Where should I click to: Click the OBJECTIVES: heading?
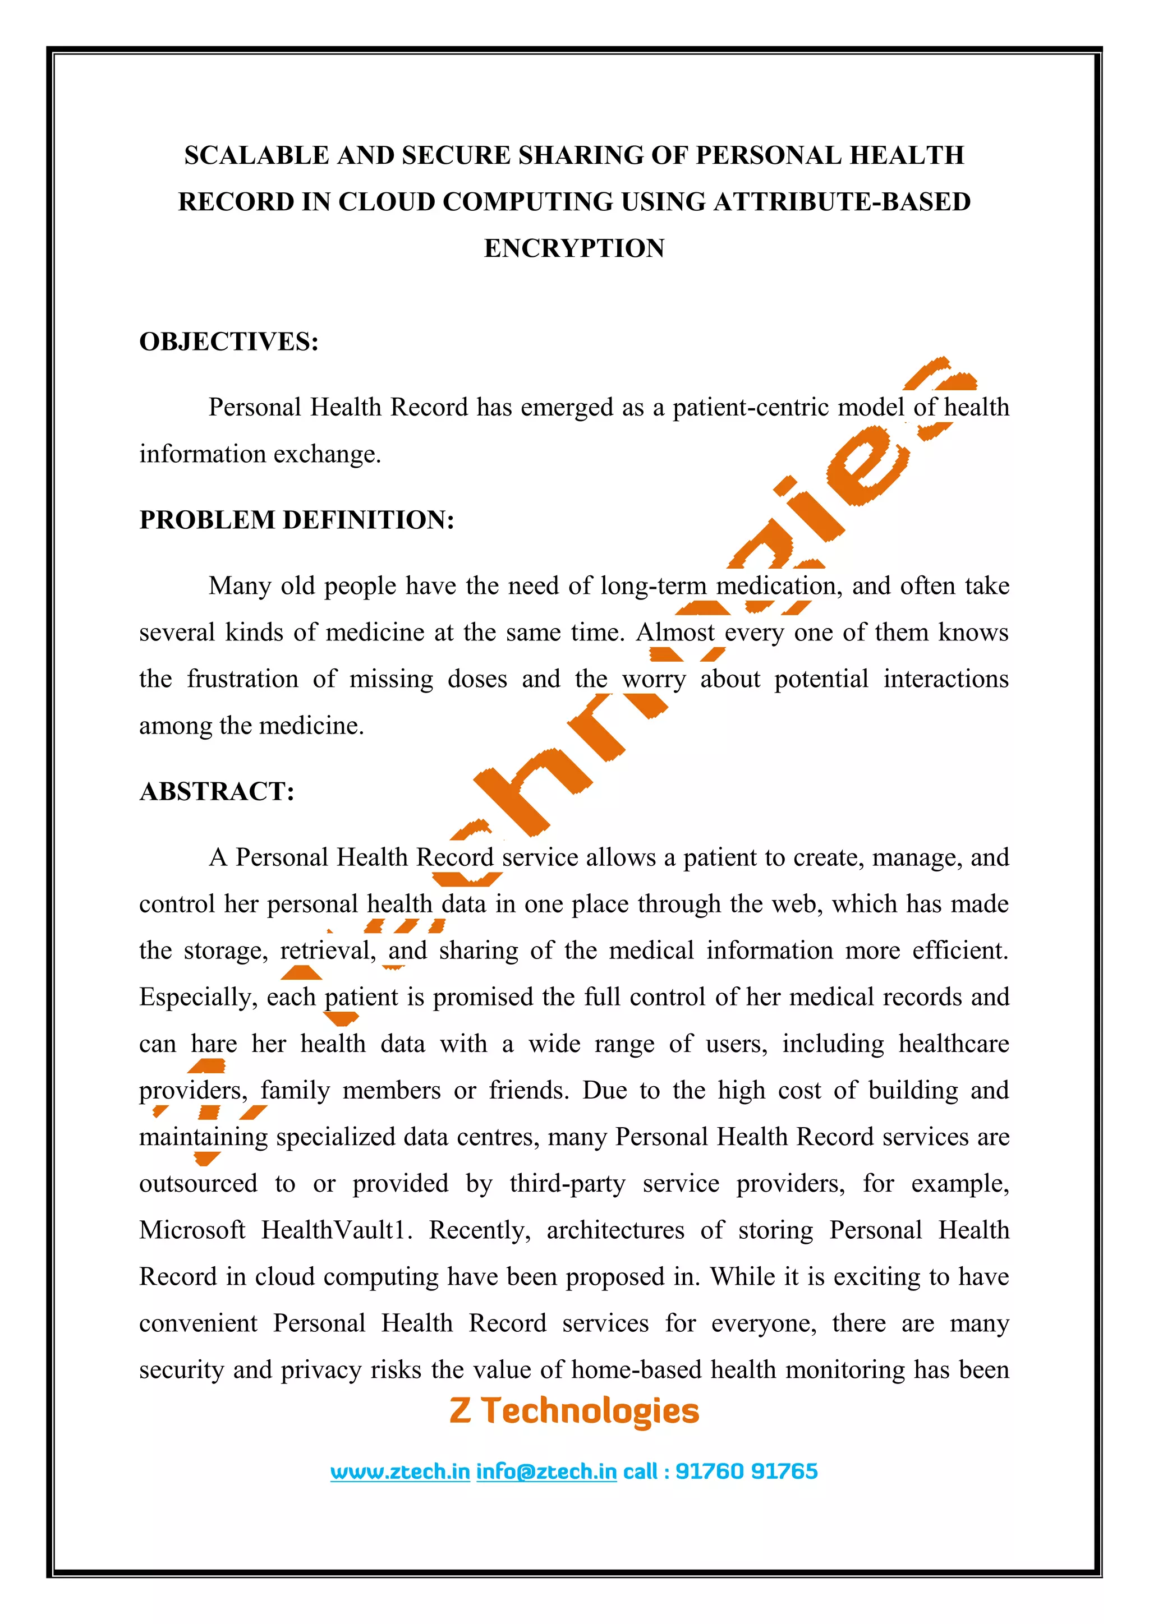coord(228,342)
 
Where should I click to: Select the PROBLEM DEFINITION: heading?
coord(296,520)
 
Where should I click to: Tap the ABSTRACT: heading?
coord(217,791)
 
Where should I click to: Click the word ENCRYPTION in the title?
coord(574,248)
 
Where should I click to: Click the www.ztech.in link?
coord(400,1471)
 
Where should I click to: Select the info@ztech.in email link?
coord(546,1471)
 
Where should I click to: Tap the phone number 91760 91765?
coord(746,1471)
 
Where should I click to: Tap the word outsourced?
coord(198,1183)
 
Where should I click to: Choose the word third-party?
coord(567,1183)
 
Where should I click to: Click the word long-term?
coord(653,587)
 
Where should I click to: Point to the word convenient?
coord(198,1323)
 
